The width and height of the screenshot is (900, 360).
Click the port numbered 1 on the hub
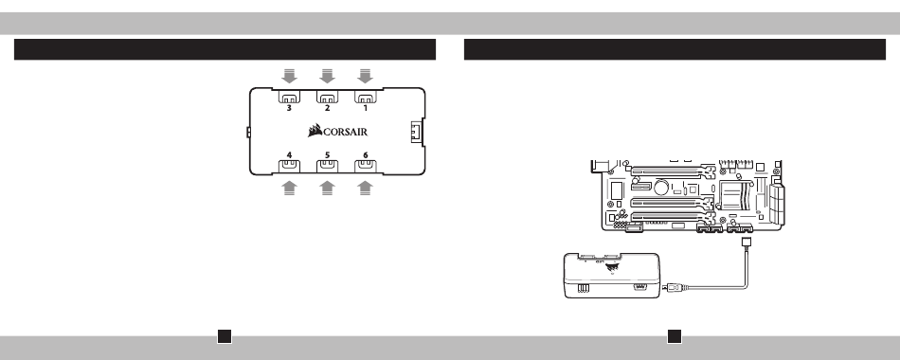(x=365, y=97)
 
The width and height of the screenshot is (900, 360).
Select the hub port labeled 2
(x=327, y=97)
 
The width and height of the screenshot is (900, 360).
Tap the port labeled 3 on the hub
(x=289, y=97)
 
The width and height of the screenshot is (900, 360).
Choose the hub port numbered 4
(x=289, y=166)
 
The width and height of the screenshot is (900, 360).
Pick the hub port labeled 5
(x=327, y=166)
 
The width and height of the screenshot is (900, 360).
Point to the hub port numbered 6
(x=365, y=166)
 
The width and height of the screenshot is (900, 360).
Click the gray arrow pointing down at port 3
(x=289, y=76)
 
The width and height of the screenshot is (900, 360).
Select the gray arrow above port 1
(x=365, y=76)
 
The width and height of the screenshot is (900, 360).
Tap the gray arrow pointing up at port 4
(x=289, y=188)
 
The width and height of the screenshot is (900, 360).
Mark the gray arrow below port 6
(x=365, y=188)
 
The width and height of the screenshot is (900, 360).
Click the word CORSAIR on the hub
(x=345, y=132)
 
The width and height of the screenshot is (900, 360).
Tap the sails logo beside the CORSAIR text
(x=315, y=131)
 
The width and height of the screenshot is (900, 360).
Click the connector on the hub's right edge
(x=417, y=132)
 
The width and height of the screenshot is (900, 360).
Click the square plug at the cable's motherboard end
(x=747, y=243)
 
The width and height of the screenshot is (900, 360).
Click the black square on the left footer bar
(x=225, y=336)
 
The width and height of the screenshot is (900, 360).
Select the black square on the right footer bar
(x=675, y=336)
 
